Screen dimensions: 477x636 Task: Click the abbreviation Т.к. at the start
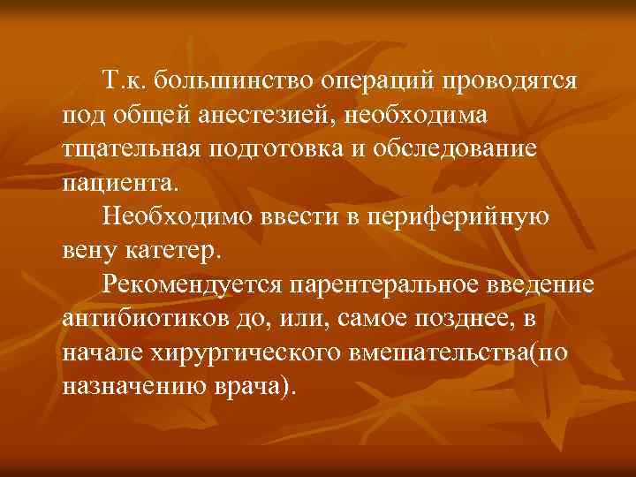point(123,81)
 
